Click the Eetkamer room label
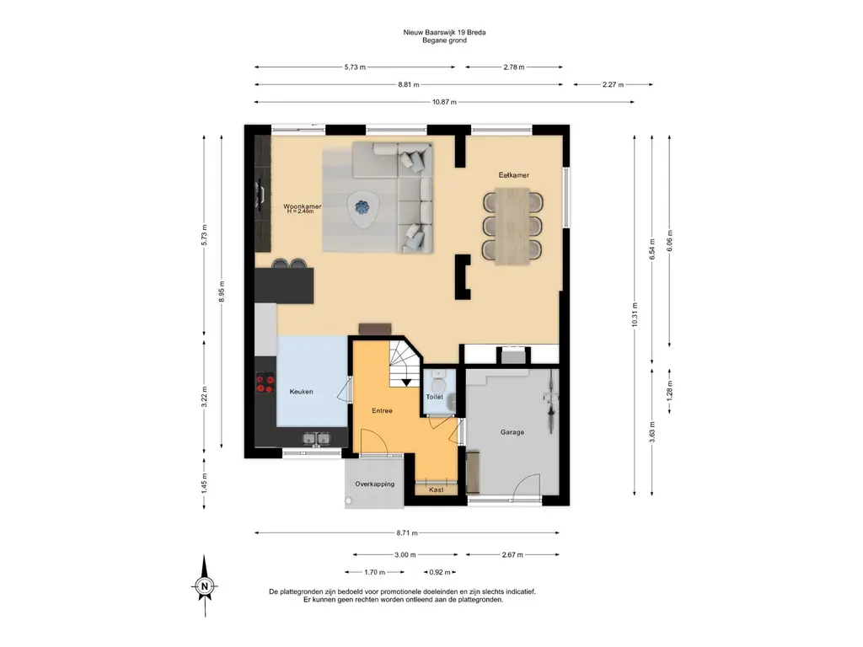513,175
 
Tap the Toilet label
434,397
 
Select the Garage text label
512,432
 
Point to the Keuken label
301,392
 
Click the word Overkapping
374,484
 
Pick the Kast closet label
436,489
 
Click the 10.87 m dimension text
444,102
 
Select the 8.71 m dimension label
407,532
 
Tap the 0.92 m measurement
440,572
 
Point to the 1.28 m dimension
669,390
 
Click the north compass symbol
205,586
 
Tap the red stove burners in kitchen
265,383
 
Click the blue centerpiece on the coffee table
362,207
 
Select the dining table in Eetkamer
512,226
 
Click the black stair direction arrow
406,382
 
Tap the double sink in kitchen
316,438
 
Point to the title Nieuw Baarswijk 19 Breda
444,33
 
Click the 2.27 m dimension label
613,85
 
